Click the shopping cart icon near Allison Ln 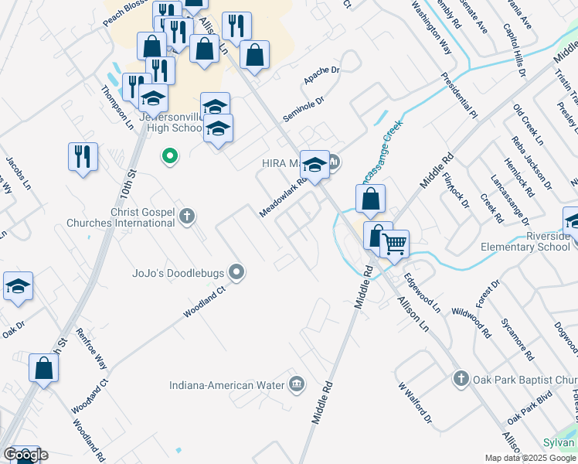click(395, 244)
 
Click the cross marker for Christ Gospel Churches click(187, 216)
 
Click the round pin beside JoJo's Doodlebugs click(238, 271)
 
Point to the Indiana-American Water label click(226, 384)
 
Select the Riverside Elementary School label click(525, 242)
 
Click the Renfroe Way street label click(91, 347)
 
